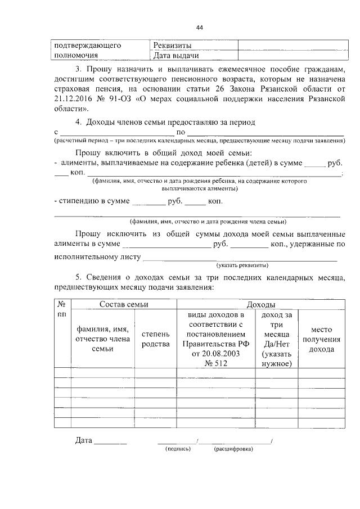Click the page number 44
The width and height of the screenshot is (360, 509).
200,27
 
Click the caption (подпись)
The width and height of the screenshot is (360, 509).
178,449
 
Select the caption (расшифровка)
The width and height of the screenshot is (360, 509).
233,449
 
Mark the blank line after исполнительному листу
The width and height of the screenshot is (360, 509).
240,258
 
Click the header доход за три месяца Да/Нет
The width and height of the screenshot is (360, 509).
276,339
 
